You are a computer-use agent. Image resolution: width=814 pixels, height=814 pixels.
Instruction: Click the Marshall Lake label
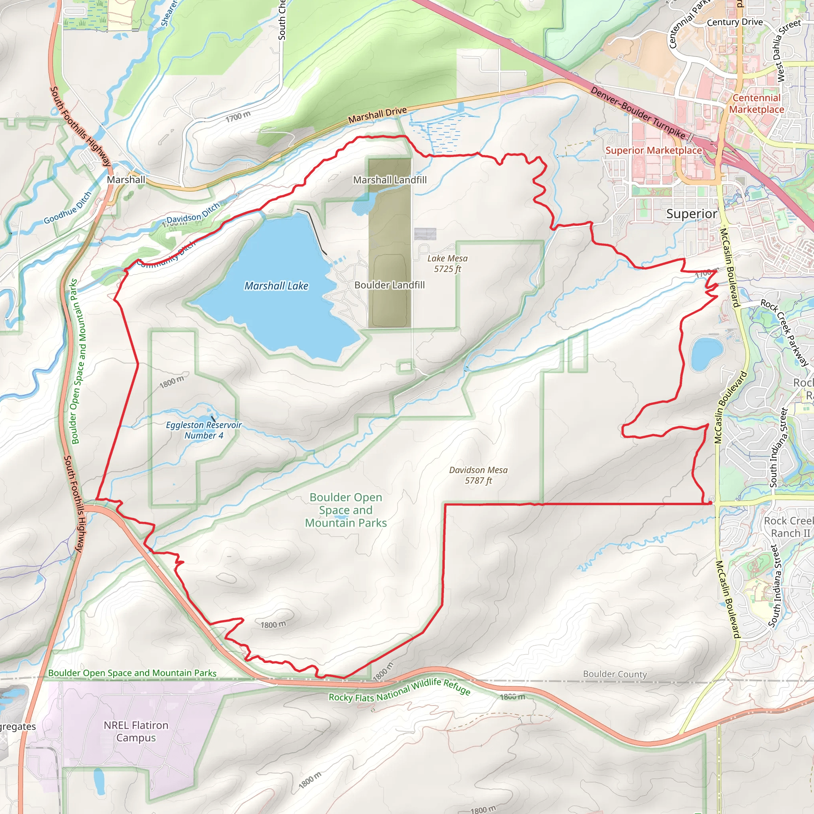(276, 286)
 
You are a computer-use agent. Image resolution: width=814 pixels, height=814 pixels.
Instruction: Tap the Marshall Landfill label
(390, 180)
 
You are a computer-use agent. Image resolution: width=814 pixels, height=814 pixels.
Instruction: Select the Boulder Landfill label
(389, 285)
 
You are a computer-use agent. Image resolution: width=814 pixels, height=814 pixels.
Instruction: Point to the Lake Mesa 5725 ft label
(448, 264)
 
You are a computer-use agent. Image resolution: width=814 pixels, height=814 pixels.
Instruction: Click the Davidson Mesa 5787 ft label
(478, 475)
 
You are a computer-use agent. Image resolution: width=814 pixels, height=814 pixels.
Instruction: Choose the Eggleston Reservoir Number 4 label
(203, 430)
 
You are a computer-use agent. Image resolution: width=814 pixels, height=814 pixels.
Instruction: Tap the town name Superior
(692, 214)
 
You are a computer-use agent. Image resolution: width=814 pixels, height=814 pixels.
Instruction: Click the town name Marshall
(126, 180)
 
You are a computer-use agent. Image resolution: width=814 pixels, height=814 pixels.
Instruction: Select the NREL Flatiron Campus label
(136, 731)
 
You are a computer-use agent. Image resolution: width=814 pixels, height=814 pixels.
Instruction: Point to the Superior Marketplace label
(653, 150)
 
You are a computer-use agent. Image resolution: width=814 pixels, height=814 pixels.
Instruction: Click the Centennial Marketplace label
(757, 104)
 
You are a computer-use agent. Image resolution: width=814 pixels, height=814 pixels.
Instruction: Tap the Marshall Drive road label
(378, 114)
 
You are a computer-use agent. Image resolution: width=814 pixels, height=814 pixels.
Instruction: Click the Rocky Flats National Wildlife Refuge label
(399, 690)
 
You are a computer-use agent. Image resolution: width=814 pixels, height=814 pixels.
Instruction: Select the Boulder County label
(615, 674)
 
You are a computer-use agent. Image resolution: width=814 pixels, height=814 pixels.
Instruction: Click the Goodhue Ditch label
(68, 208)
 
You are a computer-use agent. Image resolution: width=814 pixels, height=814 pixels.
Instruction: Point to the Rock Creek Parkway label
(785, 332)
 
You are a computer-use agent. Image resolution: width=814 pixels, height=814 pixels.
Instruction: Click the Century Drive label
(735, 22)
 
